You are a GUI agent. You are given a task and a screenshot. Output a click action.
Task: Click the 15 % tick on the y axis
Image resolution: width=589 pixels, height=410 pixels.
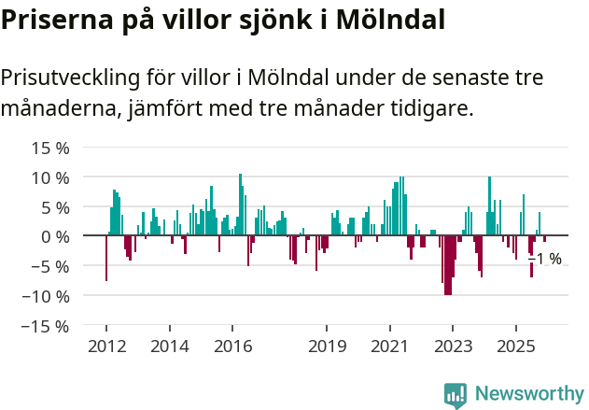(50, 148)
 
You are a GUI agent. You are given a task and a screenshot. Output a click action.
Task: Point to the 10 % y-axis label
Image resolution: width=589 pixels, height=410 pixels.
(50, 177)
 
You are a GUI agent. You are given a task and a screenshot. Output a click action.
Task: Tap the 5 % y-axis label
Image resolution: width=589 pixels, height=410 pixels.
(55, 207)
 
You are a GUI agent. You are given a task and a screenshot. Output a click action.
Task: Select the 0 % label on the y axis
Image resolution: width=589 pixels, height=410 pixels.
(55, 237)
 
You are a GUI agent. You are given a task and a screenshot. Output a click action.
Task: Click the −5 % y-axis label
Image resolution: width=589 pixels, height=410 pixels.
(50, 266)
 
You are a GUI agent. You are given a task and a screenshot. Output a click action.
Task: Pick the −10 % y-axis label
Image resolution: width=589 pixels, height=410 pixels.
(46, 296)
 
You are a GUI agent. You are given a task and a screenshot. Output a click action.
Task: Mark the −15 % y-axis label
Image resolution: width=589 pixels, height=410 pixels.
(46, 326)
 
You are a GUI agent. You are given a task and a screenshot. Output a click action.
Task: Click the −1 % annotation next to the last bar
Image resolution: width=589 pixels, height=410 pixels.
(546, 259)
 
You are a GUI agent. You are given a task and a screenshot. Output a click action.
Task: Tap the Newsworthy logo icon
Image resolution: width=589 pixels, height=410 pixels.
(456, 395)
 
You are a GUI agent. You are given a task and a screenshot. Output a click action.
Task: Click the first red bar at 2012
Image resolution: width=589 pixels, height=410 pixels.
(106, 259)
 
